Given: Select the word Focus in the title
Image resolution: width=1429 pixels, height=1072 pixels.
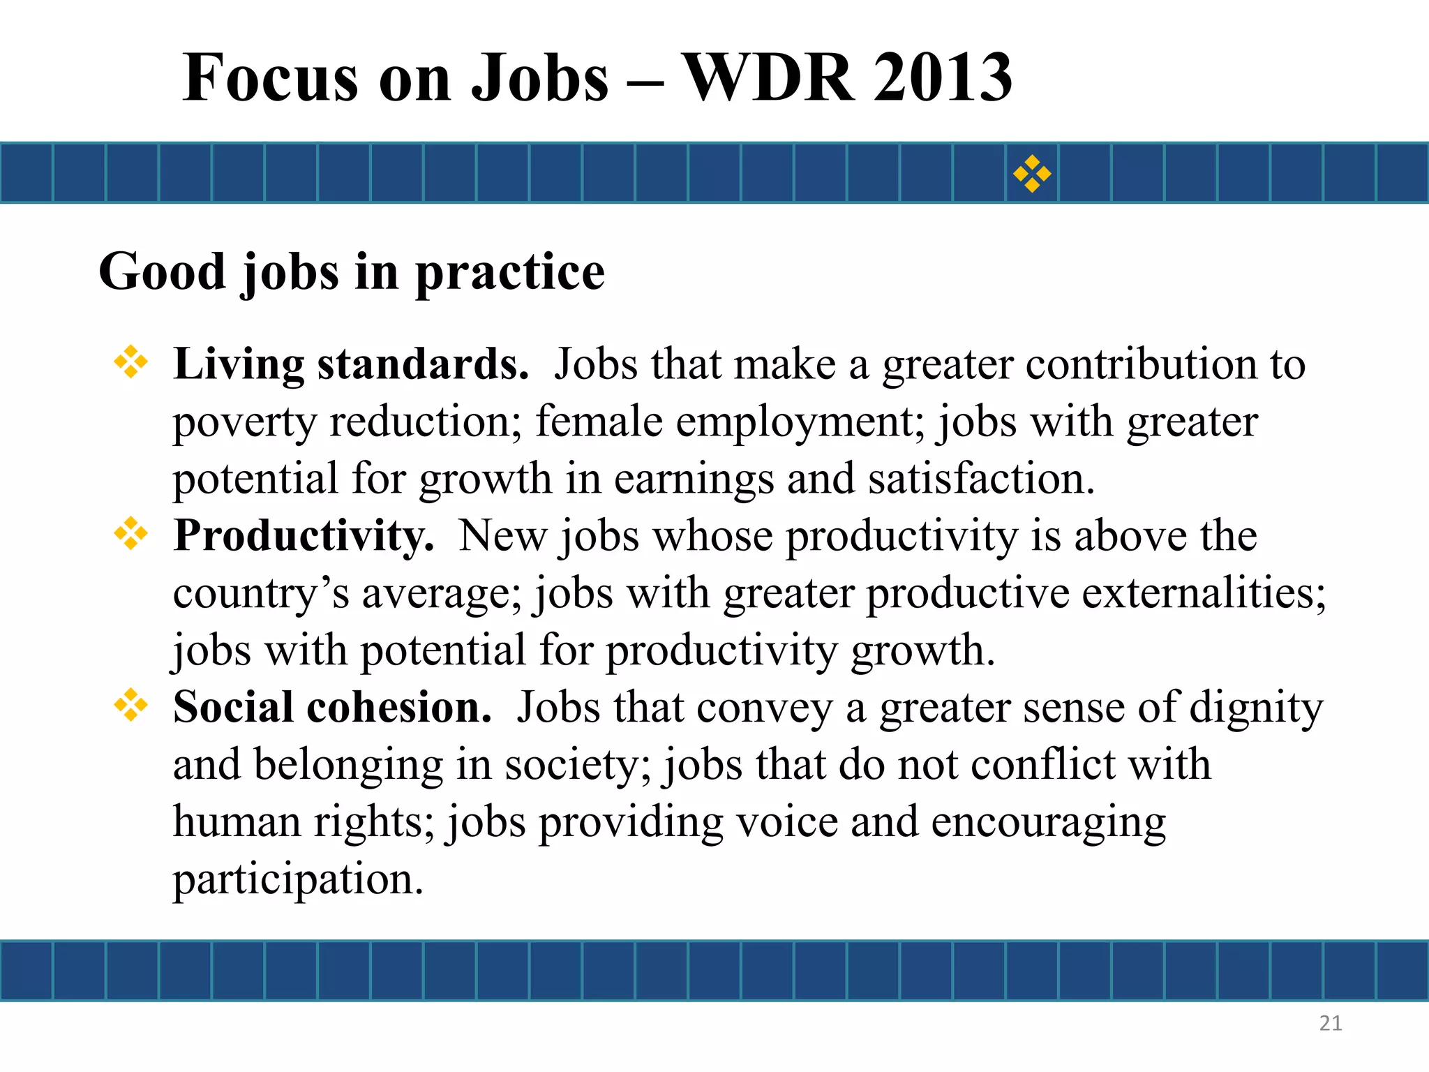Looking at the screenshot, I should coord(269,78).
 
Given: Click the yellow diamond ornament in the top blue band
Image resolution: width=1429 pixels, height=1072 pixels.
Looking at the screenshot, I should coord(1032,174).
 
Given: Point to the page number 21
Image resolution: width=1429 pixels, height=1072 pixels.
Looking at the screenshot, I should coord(1331,1023).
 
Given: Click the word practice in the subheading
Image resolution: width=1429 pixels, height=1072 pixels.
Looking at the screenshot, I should coord(510,272).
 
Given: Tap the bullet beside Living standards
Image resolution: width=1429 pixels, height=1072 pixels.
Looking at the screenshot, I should coord(131,363).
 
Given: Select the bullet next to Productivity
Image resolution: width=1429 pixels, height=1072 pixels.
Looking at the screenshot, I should coord(131,535).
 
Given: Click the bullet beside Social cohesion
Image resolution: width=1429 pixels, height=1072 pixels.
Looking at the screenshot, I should coord(131,706).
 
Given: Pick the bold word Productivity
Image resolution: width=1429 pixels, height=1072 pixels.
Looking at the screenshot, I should coord(304,536).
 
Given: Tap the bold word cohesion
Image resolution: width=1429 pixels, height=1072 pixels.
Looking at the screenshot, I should coord(399,707).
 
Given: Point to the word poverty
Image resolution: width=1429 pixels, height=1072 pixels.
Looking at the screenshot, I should coord(244,423).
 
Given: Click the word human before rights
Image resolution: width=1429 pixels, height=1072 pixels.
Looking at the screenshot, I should coord(237,821).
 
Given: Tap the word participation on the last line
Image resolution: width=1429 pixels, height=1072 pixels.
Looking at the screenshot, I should coord(298,879).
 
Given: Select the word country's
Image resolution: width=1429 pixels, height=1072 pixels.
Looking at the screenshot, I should coord(261,594).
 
